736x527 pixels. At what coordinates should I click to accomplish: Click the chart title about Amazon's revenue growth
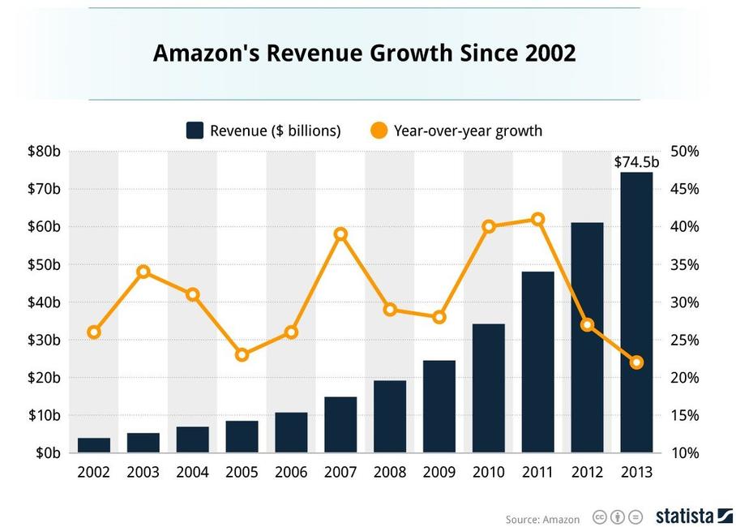(364, 54)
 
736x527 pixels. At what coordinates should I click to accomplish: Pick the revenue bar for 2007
(340, 424)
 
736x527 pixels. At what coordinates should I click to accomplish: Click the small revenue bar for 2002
(94, 445)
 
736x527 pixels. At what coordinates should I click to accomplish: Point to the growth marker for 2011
(537, 219)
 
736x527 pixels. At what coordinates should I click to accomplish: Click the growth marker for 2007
(340, 234)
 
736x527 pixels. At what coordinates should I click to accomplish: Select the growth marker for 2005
(242, 354)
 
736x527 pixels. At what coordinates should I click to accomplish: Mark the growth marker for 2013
(636, 362)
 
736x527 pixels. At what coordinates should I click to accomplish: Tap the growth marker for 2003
(143, 272)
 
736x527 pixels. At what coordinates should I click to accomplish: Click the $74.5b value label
(636, 162)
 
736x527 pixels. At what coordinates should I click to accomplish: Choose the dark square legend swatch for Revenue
(195, 131)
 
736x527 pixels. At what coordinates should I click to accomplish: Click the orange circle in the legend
(378, 131)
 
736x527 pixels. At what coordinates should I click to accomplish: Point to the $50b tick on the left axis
(44, 264)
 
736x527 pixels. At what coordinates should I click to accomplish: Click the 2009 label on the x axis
(439, 472)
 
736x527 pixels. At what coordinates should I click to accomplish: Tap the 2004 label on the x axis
(192, 472)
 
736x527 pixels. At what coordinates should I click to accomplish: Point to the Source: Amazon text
(542, 519)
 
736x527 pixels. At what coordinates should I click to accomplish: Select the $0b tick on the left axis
(47, 453)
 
